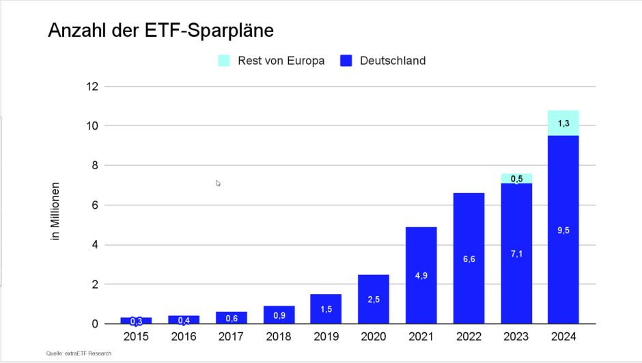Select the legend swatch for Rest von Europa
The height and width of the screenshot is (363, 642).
pos(224,61)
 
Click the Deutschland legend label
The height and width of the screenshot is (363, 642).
pos(392,61)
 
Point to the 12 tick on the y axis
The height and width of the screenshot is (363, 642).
pos(92,87)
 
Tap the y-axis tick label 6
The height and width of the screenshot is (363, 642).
pos(95,205)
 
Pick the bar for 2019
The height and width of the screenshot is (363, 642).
pos(326,309)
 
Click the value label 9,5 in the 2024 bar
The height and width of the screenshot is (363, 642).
pos(563,231)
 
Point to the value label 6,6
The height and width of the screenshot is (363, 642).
pos(469,259)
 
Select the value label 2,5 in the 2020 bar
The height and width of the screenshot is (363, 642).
pos(374,300)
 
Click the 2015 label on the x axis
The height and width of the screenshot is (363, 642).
pos(136,336)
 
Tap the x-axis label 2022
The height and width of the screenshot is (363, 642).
pos(469,336)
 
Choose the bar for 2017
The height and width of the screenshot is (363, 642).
pos(231,318)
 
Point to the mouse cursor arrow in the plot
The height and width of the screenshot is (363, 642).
pos(219,183)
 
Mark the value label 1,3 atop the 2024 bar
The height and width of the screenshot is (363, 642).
pos(563,124)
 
